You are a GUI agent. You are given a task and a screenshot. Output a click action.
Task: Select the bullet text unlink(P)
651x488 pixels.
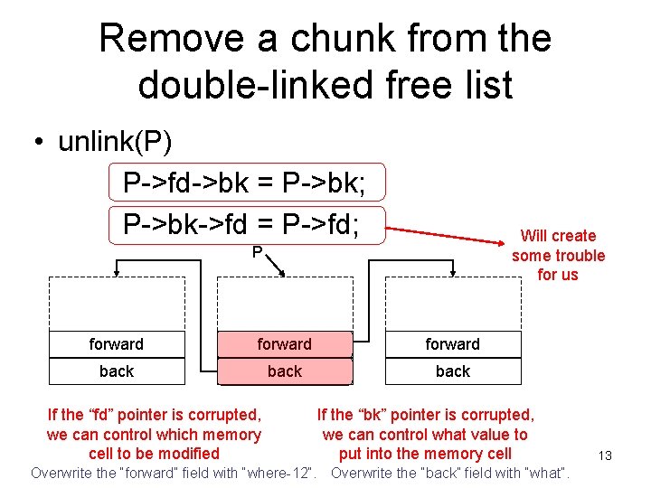coord(116,142)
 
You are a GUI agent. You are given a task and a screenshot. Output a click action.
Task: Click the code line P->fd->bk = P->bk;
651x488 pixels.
coord(244,183)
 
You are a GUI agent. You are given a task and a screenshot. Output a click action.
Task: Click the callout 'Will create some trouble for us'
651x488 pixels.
coord(558,255)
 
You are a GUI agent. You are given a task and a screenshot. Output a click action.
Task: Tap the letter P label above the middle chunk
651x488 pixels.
coord(258,252)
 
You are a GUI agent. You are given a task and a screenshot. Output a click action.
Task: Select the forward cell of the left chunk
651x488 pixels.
coord(116,344)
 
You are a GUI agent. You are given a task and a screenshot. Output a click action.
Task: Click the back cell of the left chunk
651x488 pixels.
coord(116,371)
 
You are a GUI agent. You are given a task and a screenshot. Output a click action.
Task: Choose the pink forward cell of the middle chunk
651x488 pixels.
coord(284,344)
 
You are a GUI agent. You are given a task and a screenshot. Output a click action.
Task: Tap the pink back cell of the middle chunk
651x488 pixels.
coord(284,371)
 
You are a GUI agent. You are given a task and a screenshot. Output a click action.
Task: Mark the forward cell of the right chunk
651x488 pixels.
coord(452,344)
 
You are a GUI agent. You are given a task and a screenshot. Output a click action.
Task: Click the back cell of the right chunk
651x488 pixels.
coord(452,371)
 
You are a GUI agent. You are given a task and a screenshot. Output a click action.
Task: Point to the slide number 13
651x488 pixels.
coord(605,455)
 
